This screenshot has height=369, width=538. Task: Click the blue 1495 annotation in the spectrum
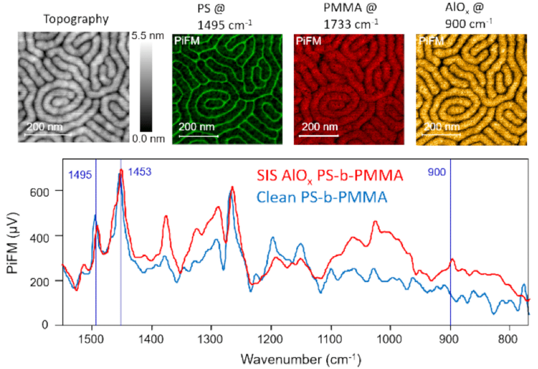(79, 175)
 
